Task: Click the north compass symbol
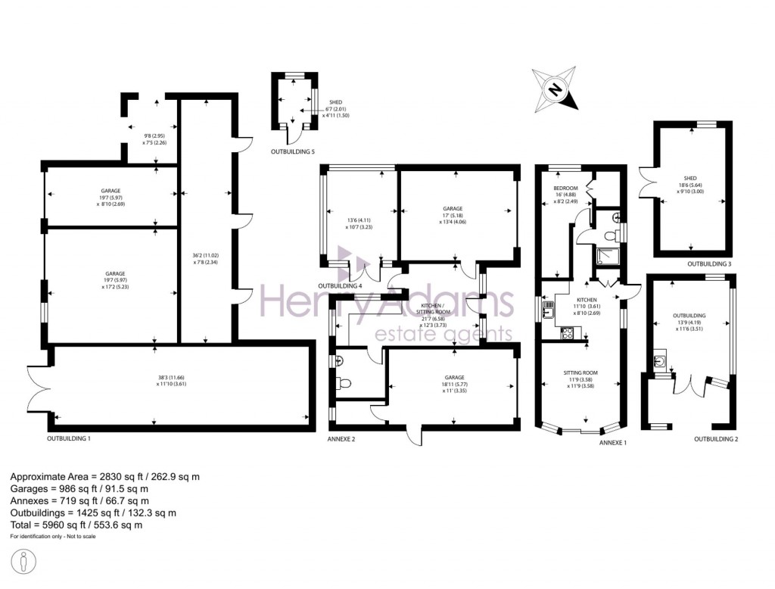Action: coord(555,89)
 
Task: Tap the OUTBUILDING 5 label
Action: coord(293,152)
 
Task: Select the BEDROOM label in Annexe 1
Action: coord(565,189)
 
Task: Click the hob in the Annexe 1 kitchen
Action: coord(567,333)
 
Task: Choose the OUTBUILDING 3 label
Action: coord(709,263)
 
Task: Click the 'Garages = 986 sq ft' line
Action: coord(79,488)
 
